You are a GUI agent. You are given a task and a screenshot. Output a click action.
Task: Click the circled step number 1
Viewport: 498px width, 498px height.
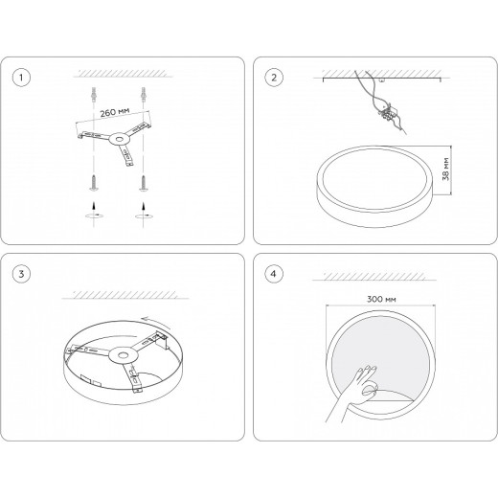[x=21, y=78]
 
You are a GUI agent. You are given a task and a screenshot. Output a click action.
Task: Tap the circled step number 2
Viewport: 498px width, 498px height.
[x=274, y=78]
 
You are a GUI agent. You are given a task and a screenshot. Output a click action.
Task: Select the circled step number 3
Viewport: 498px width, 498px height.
[x=21, y=274]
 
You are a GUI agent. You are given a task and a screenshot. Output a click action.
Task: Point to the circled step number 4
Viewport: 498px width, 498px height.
[x=274, y=274]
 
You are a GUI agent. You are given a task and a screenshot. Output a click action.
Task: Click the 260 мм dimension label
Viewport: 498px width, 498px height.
[x=115, y=112]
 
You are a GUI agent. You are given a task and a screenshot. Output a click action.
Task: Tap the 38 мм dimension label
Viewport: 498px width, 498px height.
[x=445, y=170]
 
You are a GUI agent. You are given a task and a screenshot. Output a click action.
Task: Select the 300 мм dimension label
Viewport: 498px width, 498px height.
[x=381, y=299]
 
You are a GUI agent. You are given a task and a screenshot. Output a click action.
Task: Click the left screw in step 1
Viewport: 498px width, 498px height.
[x=94, y=183]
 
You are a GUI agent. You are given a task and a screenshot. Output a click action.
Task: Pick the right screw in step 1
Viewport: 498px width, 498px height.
[x=144, y=183]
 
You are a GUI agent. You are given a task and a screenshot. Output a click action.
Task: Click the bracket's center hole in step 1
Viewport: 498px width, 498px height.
[x=120, y=139]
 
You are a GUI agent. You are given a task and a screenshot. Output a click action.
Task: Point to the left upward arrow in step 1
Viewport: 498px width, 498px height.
[x=94, y=206]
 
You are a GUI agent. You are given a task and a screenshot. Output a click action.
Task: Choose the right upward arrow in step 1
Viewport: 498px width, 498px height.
[x=144, y=206]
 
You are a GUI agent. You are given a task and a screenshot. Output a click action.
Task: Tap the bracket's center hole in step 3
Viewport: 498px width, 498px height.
[x=123, y=354]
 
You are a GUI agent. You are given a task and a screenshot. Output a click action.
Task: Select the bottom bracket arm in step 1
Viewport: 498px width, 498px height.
[x=125, y=155]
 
